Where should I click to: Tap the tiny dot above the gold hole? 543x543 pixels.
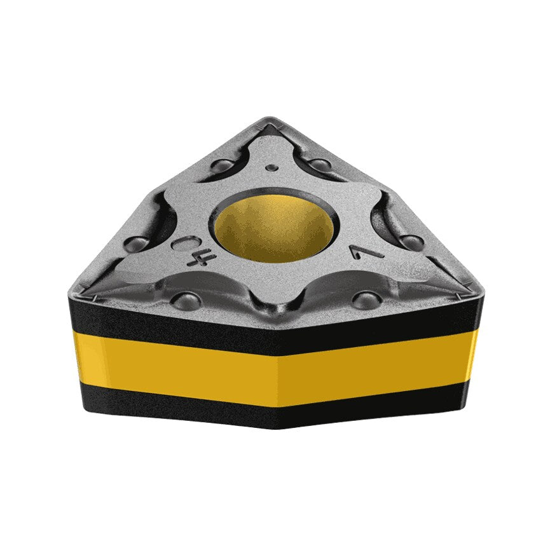272,168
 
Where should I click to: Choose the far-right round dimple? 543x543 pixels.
412,242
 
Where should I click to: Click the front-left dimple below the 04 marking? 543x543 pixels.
186,299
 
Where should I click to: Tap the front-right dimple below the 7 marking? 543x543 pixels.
366,299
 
